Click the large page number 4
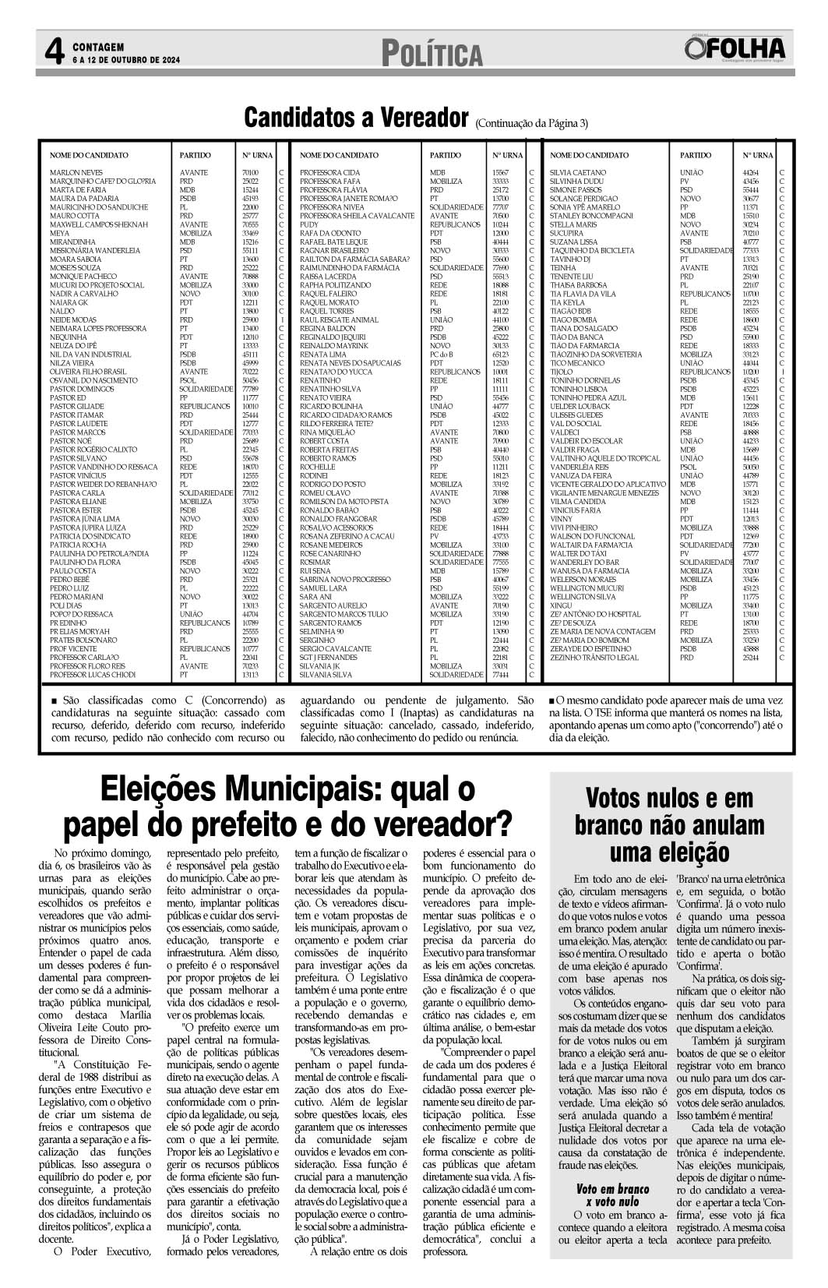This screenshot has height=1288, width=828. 53,53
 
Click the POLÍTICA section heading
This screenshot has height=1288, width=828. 432,55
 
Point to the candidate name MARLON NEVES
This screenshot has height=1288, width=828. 76,172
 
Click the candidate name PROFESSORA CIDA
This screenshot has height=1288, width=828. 329,172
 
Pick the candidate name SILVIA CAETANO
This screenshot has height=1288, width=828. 577,172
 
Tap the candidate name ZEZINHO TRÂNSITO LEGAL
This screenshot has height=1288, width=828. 594,658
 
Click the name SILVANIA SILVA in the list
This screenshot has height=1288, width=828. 326,675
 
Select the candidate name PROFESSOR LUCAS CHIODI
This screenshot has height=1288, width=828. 93,675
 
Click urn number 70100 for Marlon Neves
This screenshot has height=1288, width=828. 250,172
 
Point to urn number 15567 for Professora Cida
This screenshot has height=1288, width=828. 500,172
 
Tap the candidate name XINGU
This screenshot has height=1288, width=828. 561,605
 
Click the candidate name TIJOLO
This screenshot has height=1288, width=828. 561,372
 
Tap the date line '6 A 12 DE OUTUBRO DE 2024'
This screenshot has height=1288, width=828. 127,60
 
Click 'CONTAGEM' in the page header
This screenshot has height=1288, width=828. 98,48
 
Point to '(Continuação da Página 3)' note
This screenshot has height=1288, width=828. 531,123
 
